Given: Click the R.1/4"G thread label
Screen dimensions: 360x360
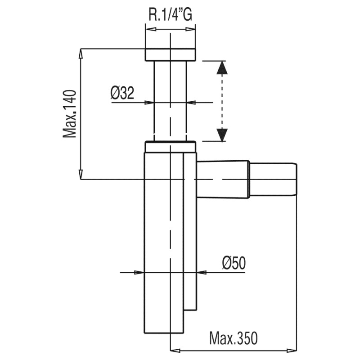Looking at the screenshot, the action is pos(171,15).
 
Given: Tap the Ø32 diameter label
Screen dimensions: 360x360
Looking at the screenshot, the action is pos(122,93).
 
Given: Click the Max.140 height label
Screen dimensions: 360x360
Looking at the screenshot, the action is pos(69,114).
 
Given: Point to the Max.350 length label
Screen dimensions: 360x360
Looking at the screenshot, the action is pos(234,338).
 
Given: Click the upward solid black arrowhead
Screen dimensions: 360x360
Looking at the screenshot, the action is pos(222,67).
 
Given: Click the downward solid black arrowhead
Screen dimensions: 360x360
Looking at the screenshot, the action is pos(222,135).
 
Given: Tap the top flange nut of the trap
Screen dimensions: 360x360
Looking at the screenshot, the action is pos(171,55).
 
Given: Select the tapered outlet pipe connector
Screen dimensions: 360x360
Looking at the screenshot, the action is pos(223,179).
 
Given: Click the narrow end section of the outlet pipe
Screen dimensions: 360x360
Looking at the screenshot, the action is pos(273,180).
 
